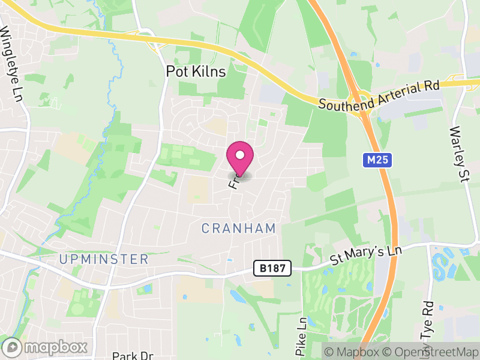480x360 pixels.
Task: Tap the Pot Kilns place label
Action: point(196,72)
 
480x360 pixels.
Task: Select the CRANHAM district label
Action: point(239,228)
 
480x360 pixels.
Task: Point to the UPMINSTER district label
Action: point(104,259)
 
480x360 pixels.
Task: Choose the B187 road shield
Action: point(272,268)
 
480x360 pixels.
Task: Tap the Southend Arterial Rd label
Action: point(379,96)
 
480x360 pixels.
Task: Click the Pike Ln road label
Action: point(302,336)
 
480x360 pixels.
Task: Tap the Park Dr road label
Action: point(133,355)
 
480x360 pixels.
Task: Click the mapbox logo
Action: point(46,347)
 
